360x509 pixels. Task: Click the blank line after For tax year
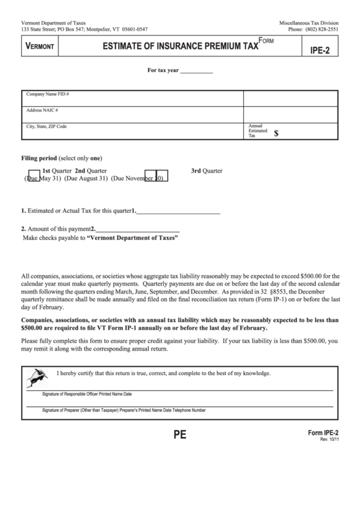(196, 71)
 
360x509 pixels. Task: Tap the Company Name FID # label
(48, 94)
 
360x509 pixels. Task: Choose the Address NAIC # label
(42, 110)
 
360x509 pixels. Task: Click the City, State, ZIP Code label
(46, 126)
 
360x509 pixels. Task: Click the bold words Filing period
(39, 158)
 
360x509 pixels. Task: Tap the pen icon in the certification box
(36, 376)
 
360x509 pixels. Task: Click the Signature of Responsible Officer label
(87, 393)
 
